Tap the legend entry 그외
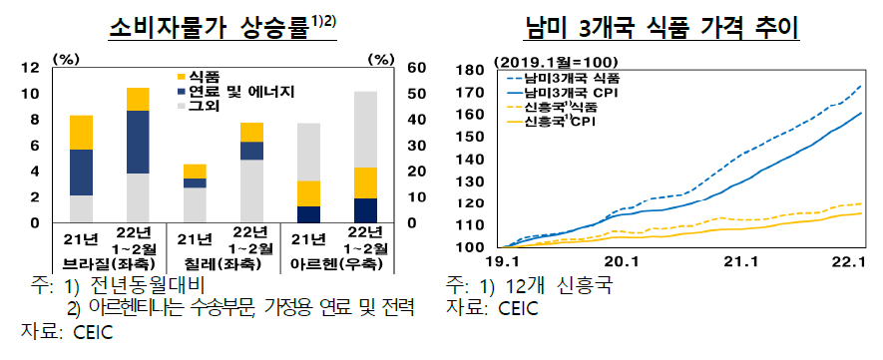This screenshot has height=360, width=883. tap(206, 107)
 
